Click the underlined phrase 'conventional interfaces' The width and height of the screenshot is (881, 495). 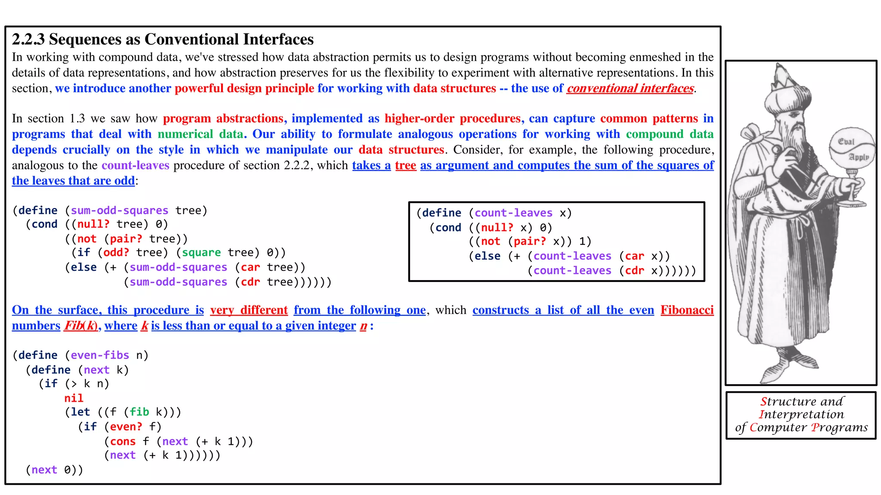point(630,89)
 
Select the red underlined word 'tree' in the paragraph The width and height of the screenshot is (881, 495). point(405,165)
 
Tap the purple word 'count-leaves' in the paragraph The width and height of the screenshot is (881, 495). point(136,165)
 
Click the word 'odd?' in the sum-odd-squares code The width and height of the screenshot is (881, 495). point(116,253)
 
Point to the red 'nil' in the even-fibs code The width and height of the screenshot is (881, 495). point(74,398)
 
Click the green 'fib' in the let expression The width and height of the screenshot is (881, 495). point(139,412)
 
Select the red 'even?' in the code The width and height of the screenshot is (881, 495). point(126,427)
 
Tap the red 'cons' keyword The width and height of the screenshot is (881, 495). point(123,442)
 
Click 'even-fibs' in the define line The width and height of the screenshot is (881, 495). point(100,355)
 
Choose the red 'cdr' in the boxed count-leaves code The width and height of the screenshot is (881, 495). point(635,271)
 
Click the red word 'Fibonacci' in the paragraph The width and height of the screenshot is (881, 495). point(687,310)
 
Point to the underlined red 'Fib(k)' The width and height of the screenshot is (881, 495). point(81,326)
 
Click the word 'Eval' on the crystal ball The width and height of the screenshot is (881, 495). point(846,141)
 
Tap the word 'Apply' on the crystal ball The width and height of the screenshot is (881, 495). point(859,157)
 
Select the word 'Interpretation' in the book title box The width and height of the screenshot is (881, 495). point(801,415)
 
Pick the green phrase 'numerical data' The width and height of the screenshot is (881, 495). point(200,134)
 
